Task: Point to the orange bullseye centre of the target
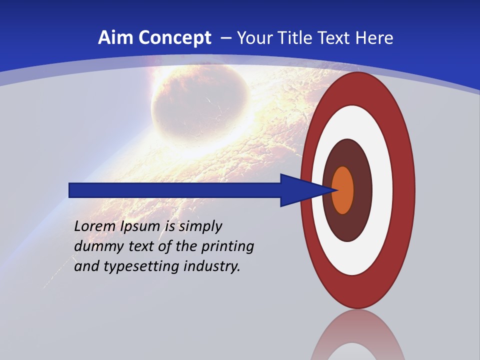[x=343, y=190]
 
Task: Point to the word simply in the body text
[x=200, y=226]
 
